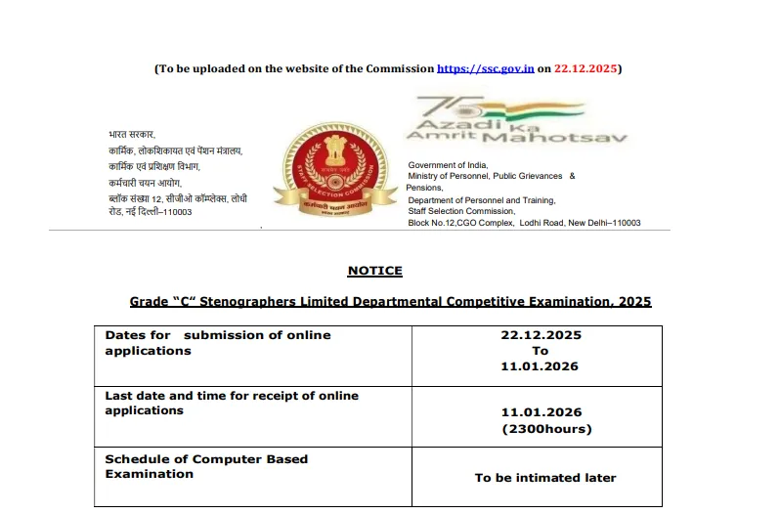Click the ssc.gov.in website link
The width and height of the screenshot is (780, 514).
[485, 68]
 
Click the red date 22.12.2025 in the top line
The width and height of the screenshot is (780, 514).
[585, 68]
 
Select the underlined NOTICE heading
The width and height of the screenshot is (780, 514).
[374, 271]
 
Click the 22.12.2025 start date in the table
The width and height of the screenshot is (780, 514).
[541, 335]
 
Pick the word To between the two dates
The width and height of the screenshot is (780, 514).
[541, 351]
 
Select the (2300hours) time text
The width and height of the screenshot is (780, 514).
[546, 429]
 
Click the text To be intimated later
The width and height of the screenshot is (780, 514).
[545, 478]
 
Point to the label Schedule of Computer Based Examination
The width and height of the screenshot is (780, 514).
[206, 466]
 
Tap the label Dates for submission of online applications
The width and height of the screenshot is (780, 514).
[218, 342]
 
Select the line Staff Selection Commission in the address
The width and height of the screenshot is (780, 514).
[461, 211]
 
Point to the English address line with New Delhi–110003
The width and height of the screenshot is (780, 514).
[524, 223]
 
